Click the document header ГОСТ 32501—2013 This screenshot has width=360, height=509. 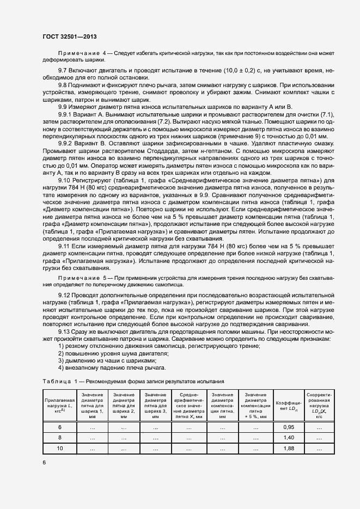[x=70, y=36]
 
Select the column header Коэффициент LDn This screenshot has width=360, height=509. [x=288, y=406]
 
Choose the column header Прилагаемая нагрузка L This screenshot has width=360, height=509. [x=59, y=406]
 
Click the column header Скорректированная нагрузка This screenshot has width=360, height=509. [x=320, y=406]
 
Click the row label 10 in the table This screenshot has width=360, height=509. [x=59, y=447]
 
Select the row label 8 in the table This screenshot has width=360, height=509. [x=59, y=437]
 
